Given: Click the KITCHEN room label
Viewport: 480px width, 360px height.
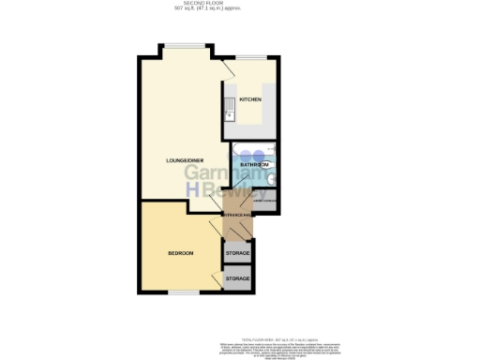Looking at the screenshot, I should click(x=249, y=99).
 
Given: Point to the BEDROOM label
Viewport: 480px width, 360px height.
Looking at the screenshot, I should click(x=180, y=254).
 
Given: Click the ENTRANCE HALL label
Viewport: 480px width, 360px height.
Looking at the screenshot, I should click(x=237, y=215).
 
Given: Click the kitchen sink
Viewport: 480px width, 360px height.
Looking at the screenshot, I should click(x=228, y=116).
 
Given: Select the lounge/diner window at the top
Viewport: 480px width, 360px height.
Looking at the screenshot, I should click(x=184, y=47).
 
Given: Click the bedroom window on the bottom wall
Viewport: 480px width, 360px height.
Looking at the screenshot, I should click(x=184, y=292).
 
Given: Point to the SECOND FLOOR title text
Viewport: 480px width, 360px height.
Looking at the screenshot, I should click(x=240, y=5).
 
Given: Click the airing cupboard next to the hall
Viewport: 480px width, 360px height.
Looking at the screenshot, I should click(x=263, y=202).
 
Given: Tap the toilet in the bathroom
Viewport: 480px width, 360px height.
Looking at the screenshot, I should click(x=273, y=181).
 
